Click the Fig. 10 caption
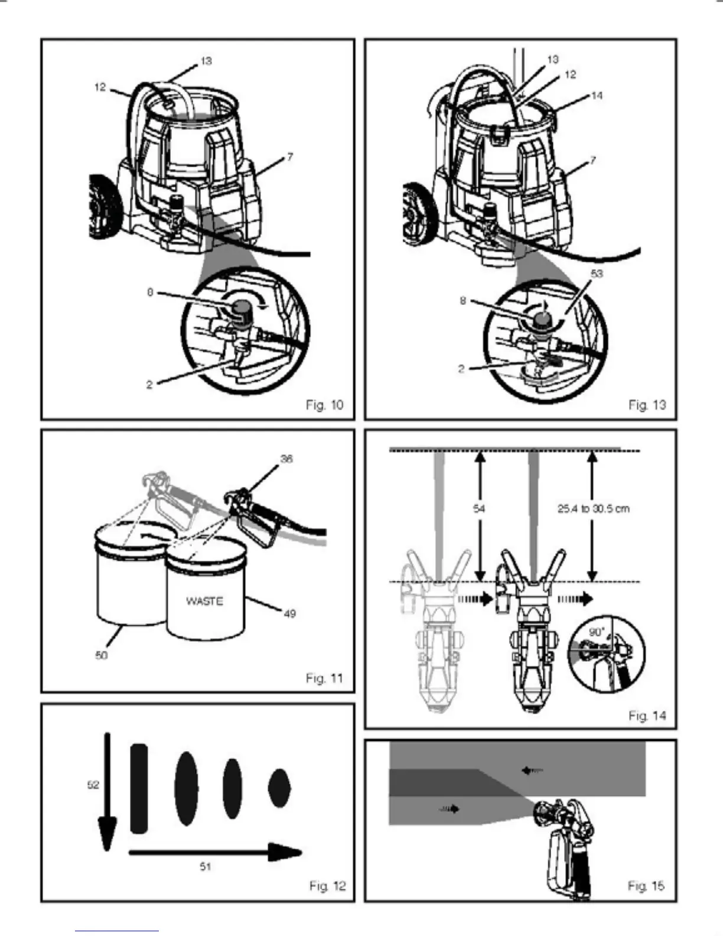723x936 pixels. pos(324,405)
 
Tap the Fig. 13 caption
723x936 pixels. pos(647,405)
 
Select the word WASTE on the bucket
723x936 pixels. pos(204,601)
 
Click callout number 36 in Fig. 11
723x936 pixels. pos(286,459)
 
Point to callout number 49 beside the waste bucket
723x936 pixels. pos(289,614)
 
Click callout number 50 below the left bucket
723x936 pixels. pos(102,655)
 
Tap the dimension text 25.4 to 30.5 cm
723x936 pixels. pos(593,508)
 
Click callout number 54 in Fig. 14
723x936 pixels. pos(480,508)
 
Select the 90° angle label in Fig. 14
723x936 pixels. pos(596,632)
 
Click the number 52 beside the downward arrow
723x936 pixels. pos(93,785)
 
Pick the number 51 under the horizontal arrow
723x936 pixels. pos(205,867)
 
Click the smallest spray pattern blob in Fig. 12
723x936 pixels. pos(279,788)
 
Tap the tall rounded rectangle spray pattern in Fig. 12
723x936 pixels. pos(139,789)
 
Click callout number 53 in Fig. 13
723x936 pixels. pos(597,274)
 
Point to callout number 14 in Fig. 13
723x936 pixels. pos(597,95)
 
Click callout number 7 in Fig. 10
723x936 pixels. pos(289,157)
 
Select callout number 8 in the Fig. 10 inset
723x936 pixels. pos(150,292)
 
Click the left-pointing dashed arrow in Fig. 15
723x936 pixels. pos(532,770)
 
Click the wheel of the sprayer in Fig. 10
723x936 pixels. pos(100,207)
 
